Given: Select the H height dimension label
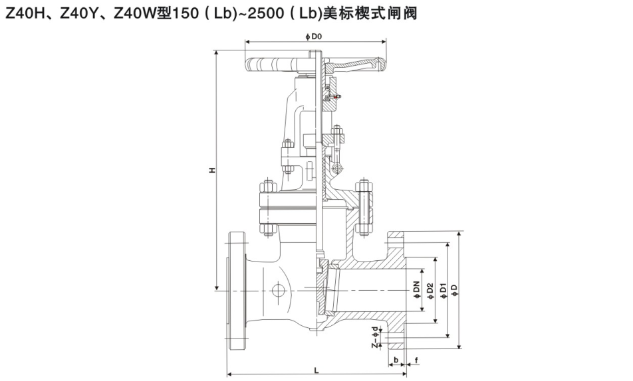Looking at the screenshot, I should tap(212, 171).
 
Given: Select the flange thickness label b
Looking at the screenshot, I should tap(396, 360).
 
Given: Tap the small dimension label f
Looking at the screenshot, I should tap(416, 360).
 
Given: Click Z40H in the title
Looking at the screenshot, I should tap(25, 13).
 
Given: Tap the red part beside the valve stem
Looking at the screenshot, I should tap(337, 98).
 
